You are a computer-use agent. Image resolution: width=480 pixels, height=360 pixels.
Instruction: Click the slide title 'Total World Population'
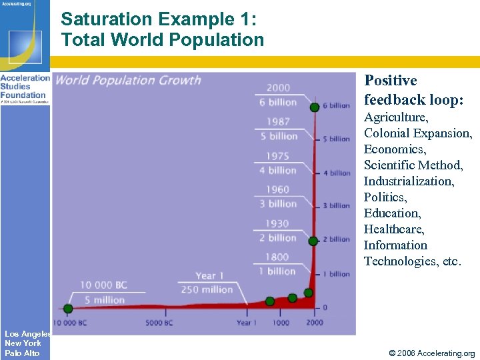[163, 40]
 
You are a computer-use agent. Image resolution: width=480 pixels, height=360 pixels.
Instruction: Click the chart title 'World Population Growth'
[128, 81]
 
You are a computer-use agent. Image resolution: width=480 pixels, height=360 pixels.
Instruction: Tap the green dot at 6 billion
[314, 107]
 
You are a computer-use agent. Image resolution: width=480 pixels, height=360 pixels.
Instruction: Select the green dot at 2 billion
[313, 241]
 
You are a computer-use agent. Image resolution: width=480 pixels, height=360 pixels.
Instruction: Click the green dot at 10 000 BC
[68, 309]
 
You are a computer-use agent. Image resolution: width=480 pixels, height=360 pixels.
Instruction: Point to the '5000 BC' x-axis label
[159, 323]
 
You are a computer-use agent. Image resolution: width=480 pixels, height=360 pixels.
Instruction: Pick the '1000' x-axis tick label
[281, 323]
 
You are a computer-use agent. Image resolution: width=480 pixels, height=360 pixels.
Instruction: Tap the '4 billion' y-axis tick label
[336, 173]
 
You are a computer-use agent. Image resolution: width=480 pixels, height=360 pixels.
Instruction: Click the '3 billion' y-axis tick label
[336, 206]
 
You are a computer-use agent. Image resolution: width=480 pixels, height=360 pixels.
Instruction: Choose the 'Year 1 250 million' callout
[206, 283]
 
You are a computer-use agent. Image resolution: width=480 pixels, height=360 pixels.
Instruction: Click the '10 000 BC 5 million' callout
[103, 292]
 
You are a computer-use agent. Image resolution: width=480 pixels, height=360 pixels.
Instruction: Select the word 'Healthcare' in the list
[394, 229]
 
